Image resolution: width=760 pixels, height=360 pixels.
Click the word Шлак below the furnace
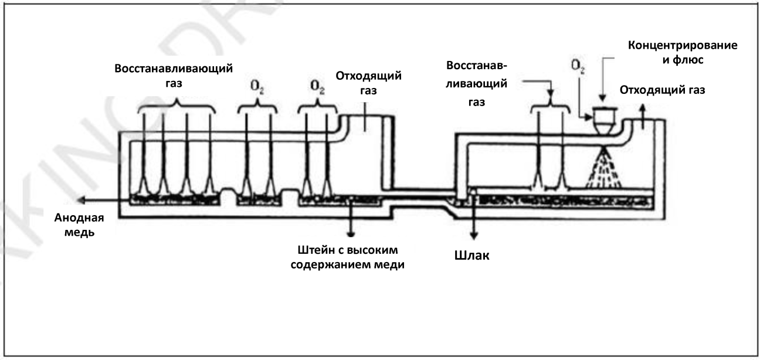click(472, 257)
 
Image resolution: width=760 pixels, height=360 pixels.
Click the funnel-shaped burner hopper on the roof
click(603, 120)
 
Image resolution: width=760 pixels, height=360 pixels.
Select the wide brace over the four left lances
click(176, 107)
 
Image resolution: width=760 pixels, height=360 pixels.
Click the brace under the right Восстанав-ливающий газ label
click(550, 107)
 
